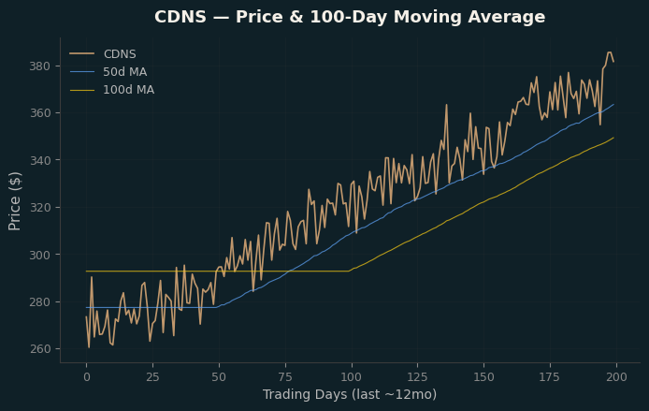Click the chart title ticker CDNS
coord(180,17)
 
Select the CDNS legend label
coord(120,54)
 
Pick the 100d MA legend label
coord(128,90)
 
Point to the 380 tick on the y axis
coord(39,66)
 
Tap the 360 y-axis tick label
coord(39,113)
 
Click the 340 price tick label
coord(39,160)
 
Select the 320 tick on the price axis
coord(39,208)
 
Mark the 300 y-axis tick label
coord(39,255)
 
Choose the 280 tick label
coord(39,302)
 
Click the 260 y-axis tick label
coord(39,349)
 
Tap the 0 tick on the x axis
coord(87,377)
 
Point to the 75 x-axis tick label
coord(285,377)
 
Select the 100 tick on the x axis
coord(352,377)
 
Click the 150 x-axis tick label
coord(483,377)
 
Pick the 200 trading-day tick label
coord(616,377)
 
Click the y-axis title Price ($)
coord(14,201)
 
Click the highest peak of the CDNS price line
coord(610,52)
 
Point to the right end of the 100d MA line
coord(613,138)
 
